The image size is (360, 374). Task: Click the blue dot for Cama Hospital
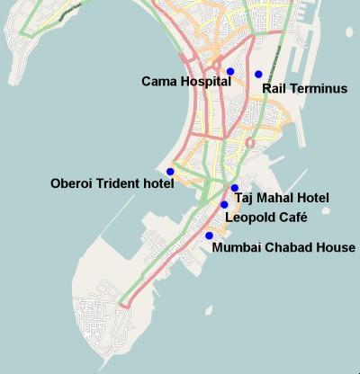pos(230,71)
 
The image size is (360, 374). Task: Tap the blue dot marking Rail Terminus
pos(258,74)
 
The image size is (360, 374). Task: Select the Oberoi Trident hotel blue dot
pos(170,171)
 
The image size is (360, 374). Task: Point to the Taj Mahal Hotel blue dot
pos(234,188)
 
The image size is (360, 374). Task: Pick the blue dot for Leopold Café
pos(224,205)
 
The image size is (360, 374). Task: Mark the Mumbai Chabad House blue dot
pos(209,236)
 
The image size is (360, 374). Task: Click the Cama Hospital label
pos(186,82)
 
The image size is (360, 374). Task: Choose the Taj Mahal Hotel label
pos(282,198)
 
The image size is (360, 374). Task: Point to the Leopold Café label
pos(266,217)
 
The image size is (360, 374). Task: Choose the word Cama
pos(157,82)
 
